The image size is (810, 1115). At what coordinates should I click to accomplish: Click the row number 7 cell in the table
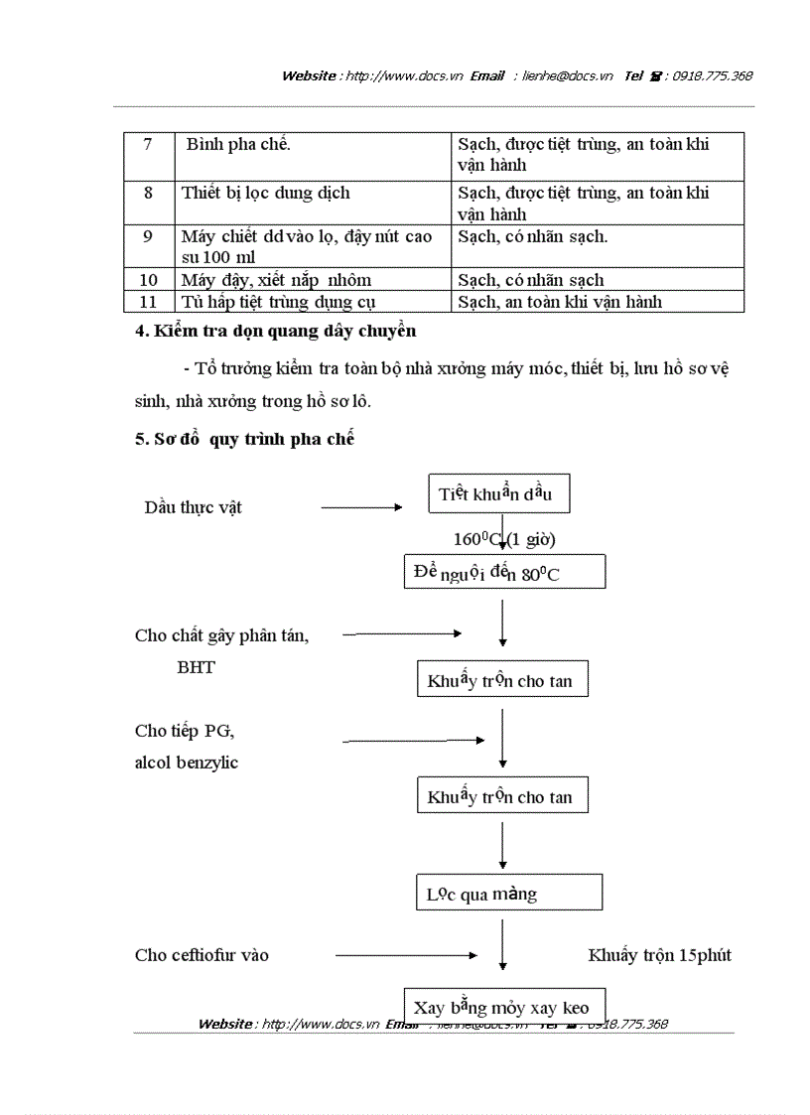tap(148, 145)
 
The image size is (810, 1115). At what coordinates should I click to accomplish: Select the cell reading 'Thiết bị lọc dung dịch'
tap(265, 193)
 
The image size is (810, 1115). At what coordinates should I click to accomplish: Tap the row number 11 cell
tap(148, 302)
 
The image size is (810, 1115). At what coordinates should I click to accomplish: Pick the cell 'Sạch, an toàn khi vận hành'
tap(560, 302)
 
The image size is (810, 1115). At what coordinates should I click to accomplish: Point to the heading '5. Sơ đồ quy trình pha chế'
tap(244, 439)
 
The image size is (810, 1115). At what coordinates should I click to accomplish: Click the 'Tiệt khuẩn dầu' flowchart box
tap(499, 494)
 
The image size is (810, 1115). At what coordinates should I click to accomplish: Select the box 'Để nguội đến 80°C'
tap(503, 573)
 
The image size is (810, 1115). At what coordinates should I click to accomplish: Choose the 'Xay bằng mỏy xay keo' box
tap(502, 1006)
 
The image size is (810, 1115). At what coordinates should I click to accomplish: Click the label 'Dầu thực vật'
tap(193, 507)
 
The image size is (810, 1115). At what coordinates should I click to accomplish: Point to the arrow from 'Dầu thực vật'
tap(361, 507)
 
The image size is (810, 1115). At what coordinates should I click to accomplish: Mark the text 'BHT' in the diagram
tap(196, 667)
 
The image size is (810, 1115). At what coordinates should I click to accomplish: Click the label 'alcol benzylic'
tap(187, 763)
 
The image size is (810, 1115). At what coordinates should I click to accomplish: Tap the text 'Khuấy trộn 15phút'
tap(659, 955)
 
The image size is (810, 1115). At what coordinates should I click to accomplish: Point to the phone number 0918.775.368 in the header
tap(712, 75)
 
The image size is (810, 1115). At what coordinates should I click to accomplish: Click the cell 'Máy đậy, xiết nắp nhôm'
tap(276, 280)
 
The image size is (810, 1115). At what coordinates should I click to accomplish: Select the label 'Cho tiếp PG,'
tap(185, 731)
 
